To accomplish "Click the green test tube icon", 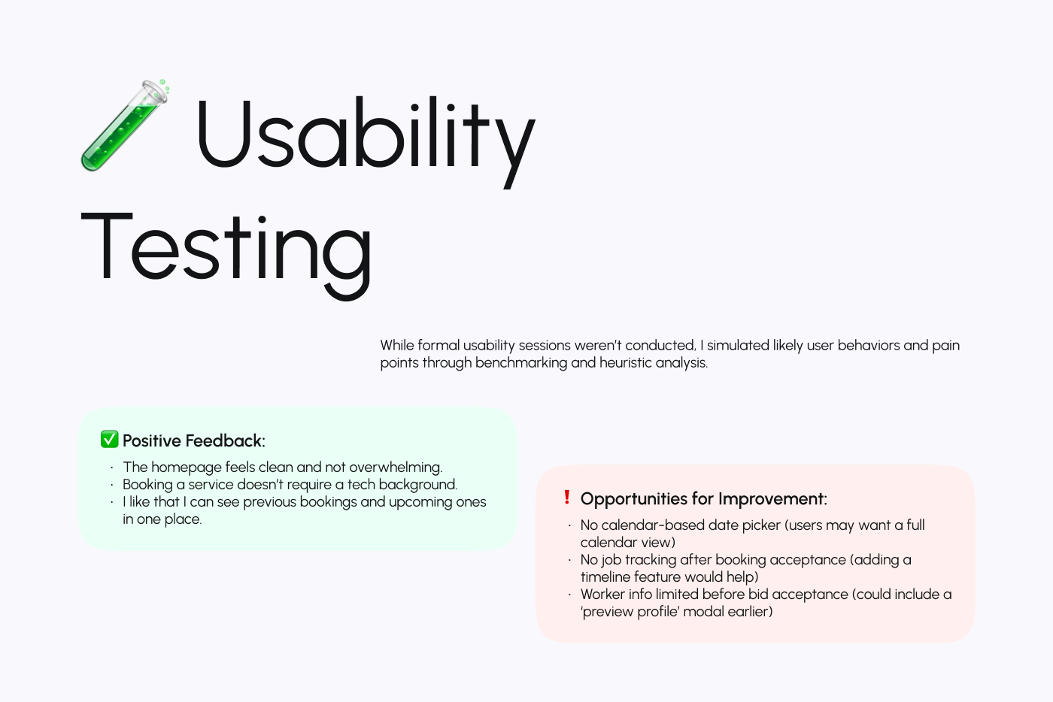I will click(x=124, y=125).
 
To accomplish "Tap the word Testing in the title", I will click(x=226, y=248).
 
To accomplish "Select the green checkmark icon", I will click(x=110, y=440).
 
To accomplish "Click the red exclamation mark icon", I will click(x=567, y=498).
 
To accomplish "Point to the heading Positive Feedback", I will click(x=194, y=440).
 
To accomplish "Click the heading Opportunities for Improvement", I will click(x=703, y=499).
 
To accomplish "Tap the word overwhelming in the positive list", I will click(x=396, y=467).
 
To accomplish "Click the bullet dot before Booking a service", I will click(x=111, y=485).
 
